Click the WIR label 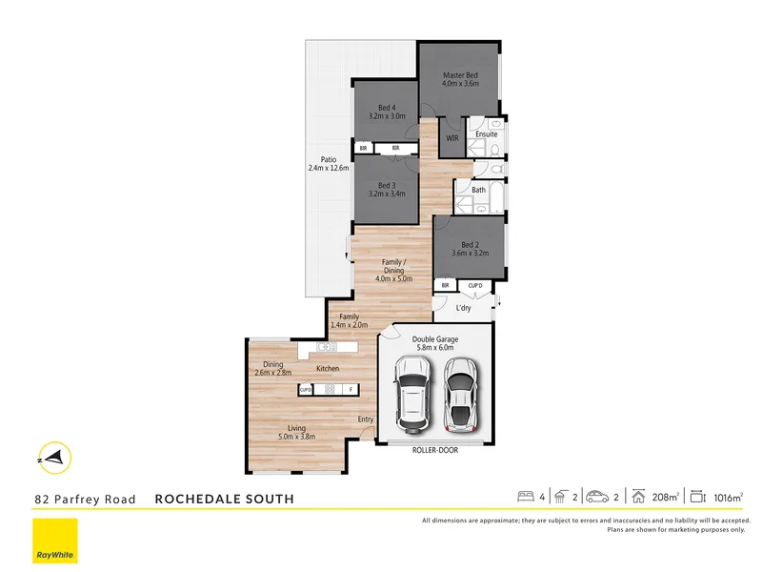pos(453,139)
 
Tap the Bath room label pos(479,190)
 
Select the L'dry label pos(464,308)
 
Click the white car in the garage pos(412,394)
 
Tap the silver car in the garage pos(460,393)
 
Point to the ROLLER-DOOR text pos(435,450)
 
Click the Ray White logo pos(55,541)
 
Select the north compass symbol pos(51,459)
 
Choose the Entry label pos(366,419)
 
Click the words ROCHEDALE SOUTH pos(224,499)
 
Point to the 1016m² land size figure pos(728,497)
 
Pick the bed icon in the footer pos(525,497)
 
